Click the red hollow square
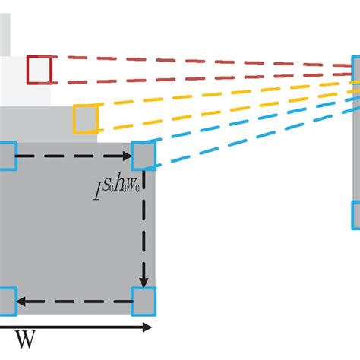[39, 70]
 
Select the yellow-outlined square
[86, 118]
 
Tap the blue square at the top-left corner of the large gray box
[6, 156]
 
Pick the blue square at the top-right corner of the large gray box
[143, 156]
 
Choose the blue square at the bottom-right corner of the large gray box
[143, 301]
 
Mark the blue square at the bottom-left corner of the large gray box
[6, 302]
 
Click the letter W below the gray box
[25, 340]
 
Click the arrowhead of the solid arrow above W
[147, 327]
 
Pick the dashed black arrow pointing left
[76, 302]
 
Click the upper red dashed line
[197, 61]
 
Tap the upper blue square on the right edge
[355, 69]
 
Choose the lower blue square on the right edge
[355, 214]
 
